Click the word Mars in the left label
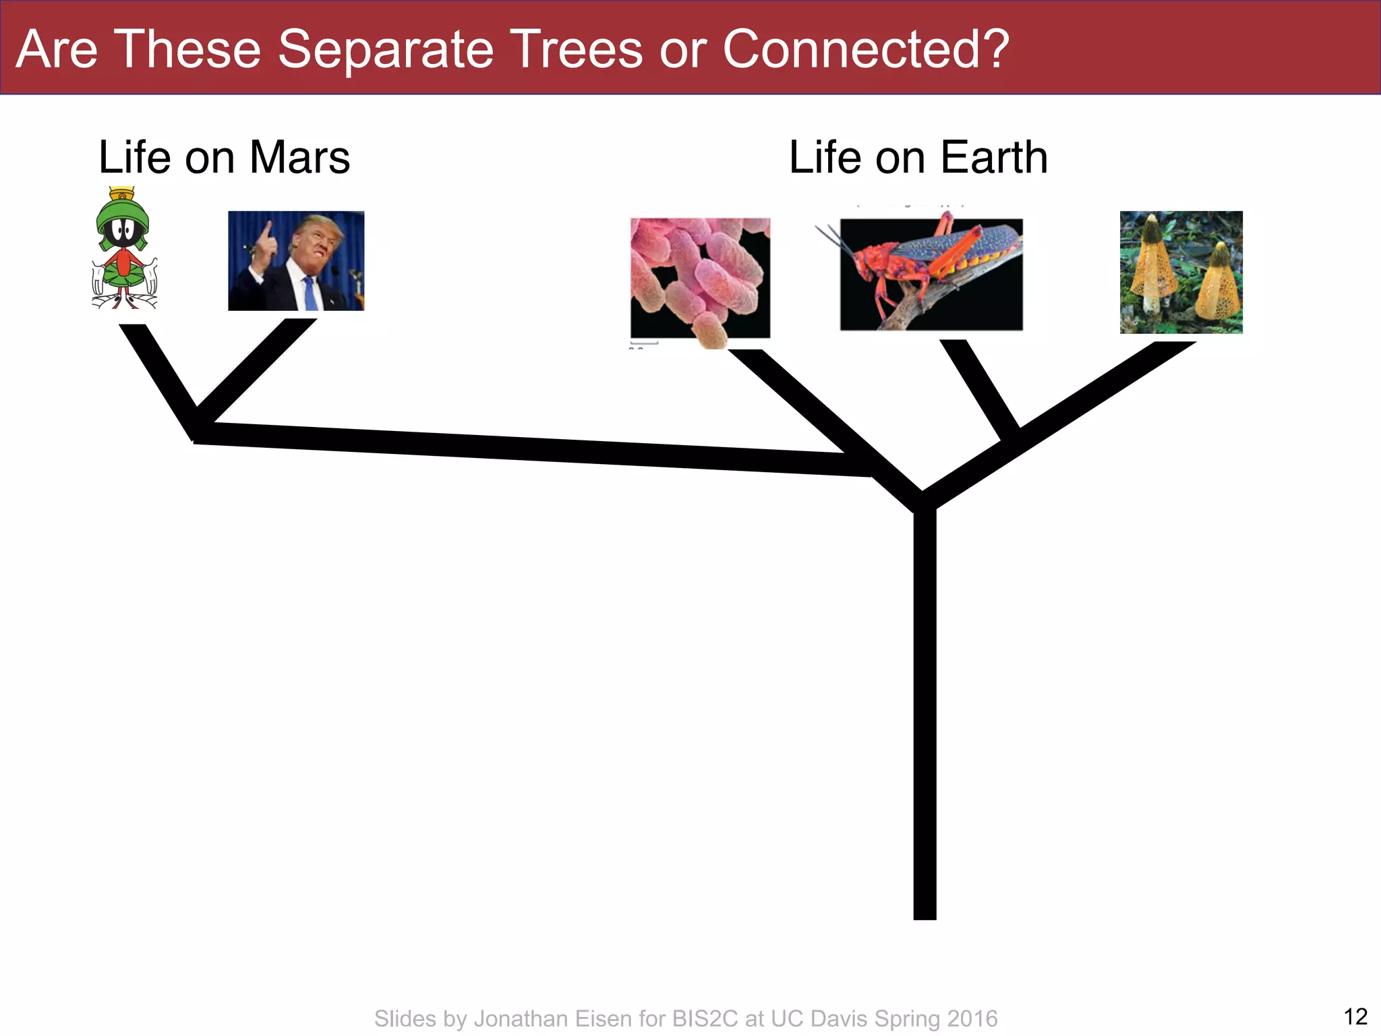299,158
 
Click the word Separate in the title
385,49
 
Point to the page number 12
1355,1016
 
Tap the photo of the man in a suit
296,261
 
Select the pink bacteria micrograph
700,278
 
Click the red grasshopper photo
931,275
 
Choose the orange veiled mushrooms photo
1181,272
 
